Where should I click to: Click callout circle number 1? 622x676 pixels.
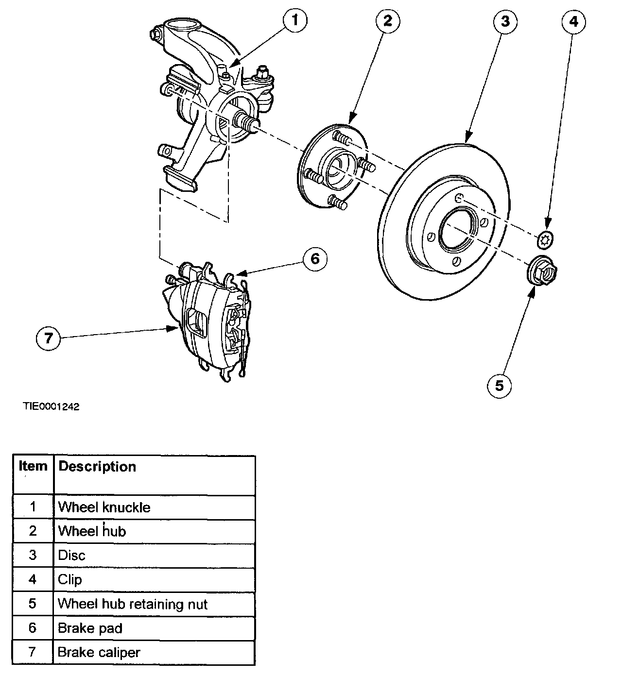295,21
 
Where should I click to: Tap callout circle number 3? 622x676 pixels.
505,21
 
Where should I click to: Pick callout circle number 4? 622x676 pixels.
574,21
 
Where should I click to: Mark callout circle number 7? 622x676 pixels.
48,338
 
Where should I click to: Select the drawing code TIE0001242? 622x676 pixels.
51,406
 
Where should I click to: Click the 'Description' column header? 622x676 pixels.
97,467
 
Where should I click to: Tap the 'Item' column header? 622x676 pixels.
33,467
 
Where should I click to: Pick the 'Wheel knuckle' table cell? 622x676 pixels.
104,507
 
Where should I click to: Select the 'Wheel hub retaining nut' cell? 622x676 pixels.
133,604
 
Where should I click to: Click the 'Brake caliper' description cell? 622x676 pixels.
99,652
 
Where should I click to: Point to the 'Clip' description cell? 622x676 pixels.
70,580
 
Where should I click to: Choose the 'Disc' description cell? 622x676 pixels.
71,556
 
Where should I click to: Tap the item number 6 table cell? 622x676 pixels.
33,628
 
